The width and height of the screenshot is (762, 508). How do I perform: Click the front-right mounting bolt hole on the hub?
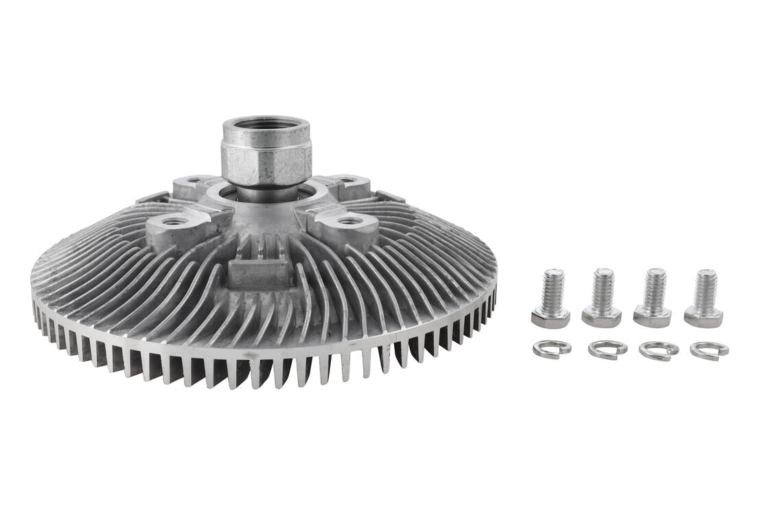[349, 221]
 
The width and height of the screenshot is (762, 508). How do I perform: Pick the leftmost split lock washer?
[552, 349]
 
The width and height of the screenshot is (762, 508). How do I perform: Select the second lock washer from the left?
[607, 349]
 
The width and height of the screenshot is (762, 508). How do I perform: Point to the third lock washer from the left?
[658, 350]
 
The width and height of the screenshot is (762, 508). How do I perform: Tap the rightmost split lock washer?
[709, 350]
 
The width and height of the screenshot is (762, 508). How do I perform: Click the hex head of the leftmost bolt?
[551, 318]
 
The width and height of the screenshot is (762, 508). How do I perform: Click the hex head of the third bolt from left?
[652, 317]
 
